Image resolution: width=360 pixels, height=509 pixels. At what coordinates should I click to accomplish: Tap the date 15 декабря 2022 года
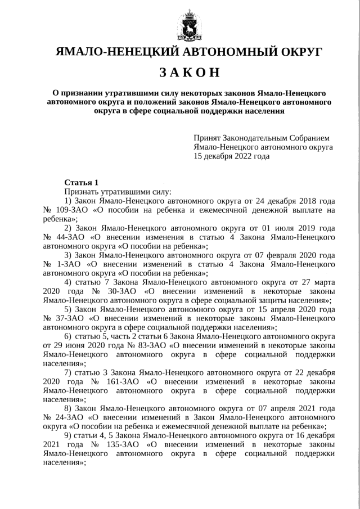pos(231,157)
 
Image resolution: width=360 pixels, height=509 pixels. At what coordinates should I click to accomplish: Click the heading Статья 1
pos(82,182)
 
